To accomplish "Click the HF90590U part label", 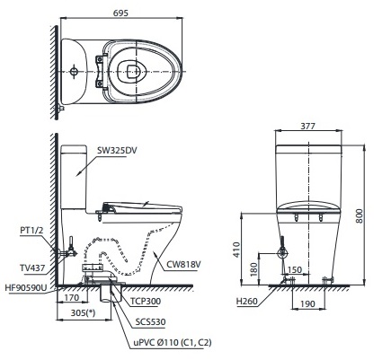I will pyautogui.click(x=28, y=287).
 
